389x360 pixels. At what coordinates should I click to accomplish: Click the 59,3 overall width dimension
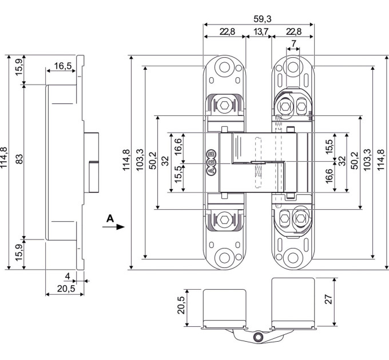263,19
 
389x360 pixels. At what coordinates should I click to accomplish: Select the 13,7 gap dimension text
261,31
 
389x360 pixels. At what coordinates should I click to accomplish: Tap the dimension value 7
293,43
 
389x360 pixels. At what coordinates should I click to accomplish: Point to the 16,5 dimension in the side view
63,66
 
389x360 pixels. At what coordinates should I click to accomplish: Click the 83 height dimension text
19,159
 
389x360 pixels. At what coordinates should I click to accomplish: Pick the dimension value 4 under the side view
68,276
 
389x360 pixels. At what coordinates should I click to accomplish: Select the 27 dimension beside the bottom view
328,299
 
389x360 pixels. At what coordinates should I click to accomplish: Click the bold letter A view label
110,219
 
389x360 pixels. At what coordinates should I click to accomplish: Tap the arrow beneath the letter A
113,227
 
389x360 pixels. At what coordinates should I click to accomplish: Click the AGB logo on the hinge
211,162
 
